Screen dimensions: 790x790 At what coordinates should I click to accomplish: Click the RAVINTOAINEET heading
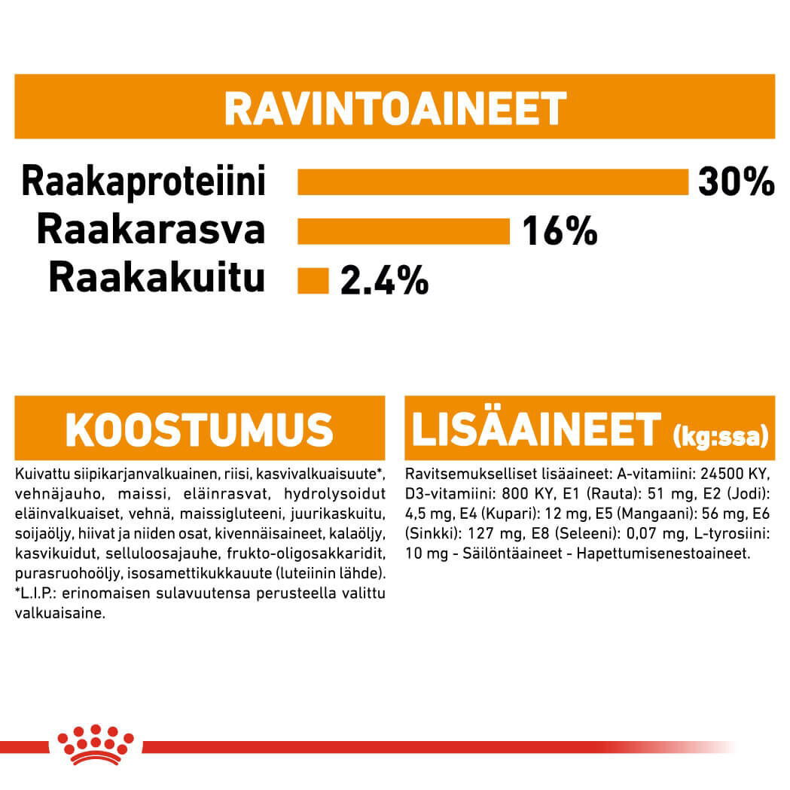pos(395,108)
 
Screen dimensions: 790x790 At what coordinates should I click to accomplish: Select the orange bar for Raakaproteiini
pos(493,181)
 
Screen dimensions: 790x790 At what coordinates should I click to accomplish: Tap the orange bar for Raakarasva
pos(404,231)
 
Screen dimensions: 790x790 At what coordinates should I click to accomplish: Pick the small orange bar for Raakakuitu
pos(313,280)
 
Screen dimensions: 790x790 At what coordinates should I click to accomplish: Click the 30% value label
pos(736,181)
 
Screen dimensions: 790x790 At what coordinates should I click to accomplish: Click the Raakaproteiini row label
pos(144,181)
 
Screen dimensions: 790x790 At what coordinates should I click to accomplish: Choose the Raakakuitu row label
pos(157,279)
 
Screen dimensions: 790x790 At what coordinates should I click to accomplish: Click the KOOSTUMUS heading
pos(199,429)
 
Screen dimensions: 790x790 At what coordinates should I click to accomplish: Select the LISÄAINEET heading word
pos(535,429)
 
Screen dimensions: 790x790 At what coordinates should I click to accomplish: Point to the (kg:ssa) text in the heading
pos(720,435)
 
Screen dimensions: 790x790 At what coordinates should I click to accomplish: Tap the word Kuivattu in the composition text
pos(38,474)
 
